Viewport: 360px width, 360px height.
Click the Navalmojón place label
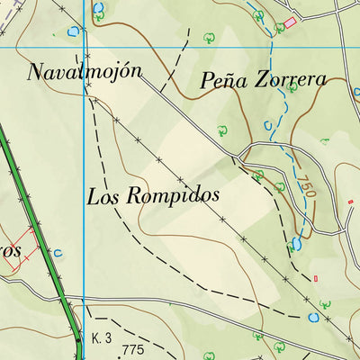pos(85,72)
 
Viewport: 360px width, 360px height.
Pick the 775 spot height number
pos(133,350)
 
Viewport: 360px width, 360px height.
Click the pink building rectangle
pos(290,22)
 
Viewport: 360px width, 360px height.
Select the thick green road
pos(36,225)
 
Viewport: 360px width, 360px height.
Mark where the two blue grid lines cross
pos(84,46)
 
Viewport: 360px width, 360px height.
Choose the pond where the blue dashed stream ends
pos(296,244)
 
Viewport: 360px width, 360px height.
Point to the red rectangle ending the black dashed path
pos(316,278)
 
